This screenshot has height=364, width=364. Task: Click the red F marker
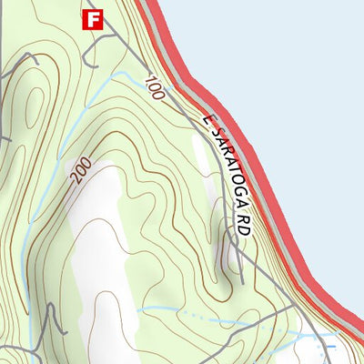click(93, 19)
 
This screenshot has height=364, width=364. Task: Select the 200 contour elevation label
click(80, 170)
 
